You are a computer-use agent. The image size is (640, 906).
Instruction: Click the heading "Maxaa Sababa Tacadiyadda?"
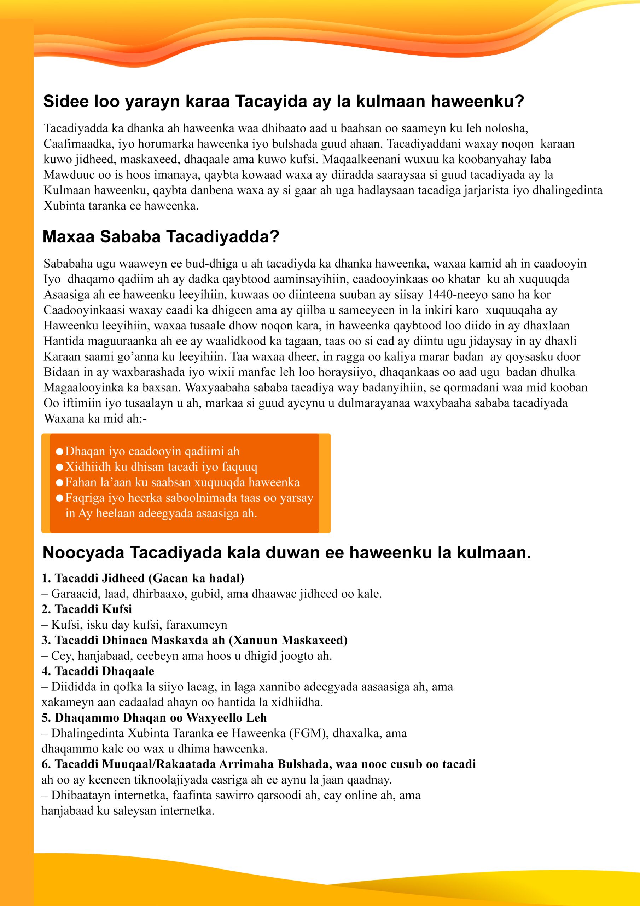(x=161, y=237)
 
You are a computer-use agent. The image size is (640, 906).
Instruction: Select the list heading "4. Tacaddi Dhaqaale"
(x=98, y=671)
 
